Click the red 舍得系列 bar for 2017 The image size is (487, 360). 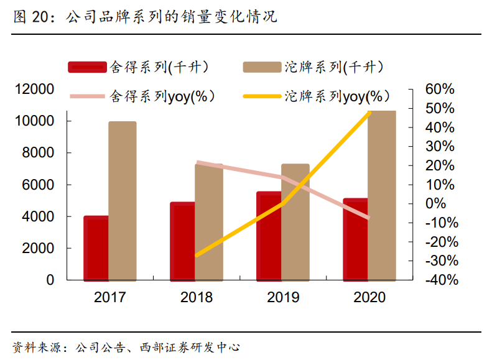[x=96, y=248]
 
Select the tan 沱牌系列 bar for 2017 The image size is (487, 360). [x=122, y=200]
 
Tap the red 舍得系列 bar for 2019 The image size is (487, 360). [x=269, y=236]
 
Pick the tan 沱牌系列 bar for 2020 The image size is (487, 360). [x=381, y=195]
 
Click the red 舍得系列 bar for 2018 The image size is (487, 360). [x=182, y=241]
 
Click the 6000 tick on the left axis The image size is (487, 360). [x=38, y=185]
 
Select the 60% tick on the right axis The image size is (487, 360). [x=440, y=90]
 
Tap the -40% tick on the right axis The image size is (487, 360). [x=442, y=280]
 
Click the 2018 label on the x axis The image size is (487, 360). [x=196, y=297]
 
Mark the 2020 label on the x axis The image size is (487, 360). [x=369, y=297]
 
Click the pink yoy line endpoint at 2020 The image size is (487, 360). [x=369, y=218]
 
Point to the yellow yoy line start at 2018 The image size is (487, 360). [x=197, y=255]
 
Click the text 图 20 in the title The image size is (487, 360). [x=30, y=17]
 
